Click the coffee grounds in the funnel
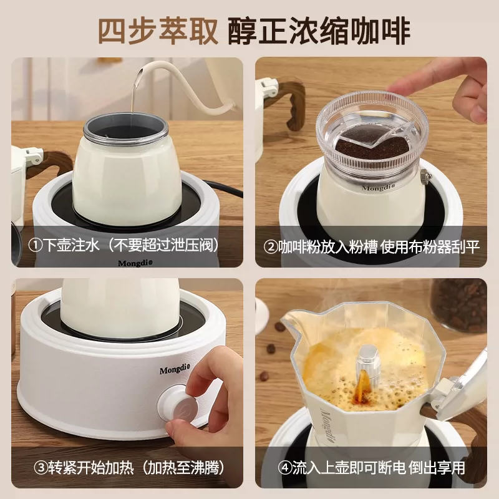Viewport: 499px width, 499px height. click(x=362, y=150)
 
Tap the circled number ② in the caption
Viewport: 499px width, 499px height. click(x=270, y=246)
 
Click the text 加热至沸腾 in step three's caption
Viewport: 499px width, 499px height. click(x=178, y=467)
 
